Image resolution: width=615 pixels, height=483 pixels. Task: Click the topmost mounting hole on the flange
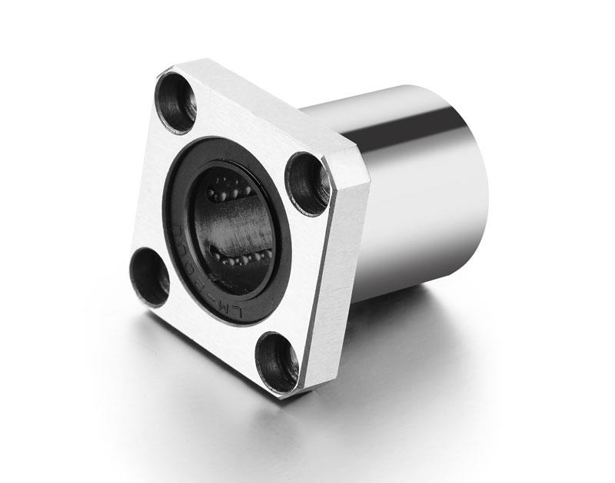click(176, 98)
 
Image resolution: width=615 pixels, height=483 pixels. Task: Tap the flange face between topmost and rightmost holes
click(246, 131)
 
